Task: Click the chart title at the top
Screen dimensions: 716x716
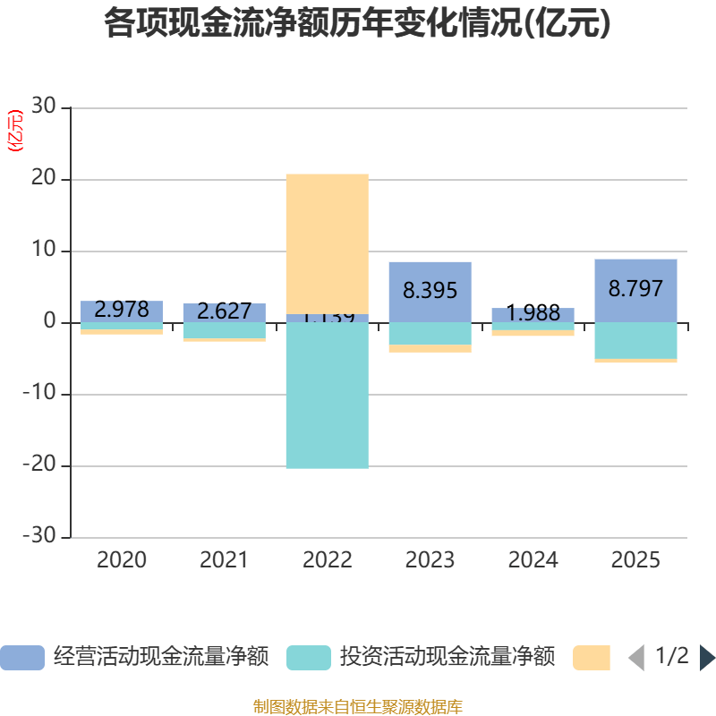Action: pos(357,24)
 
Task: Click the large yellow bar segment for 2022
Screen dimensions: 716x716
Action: pos(327,243)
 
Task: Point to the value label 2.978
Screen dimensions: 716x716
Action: pos(122,310)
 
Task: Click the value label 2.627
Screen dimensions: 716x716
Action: pos(224,311)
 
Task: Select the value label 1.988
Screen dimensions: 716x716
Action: pos(533,313)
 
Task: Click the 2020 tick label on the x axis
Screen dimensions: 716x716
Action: pos(122,560)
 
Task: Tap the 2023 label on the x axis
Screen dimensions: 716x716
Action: pos(430,560)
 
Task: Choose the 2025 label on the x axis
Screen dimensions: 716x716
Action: pos(635,560)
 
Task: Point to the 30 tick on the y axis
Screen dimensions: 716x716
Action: pos(45,107)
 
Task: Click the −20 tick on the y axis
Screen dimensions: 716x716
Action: pos(39,465)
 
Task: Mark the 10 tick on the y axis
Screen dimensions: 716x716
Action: pos(45,251)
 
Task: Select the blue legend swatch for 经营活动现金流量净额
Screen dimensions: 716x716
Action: pos(22,658)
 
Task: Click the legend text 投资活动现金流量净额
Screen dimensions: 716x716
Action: pos(447,658)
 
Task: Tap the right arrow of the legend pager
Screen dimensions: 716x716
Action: pos(707,658)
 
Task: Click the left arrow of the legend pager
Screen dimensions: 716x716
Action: pos(636,658)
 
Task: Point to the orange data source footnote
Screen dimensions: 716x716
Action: pos(358,707)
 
